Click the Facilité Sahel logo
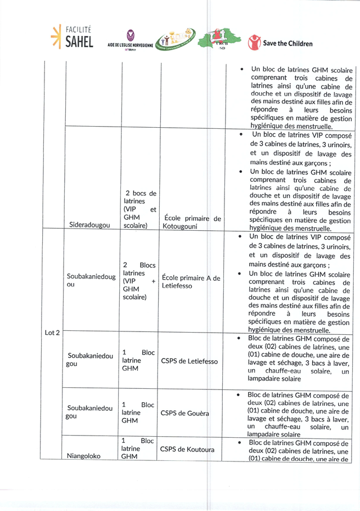[71, 37]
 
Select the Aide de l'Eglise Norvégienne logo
[131, 41]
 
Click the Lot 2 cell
[52, 333]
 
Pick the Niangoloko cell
[84, 456]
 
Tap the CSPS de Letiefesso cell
[189, 361]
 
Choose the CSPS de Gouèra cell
[185, 413]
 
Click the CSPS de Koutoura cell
[187, 449]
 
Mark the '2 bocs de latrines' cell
[139, 209]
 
